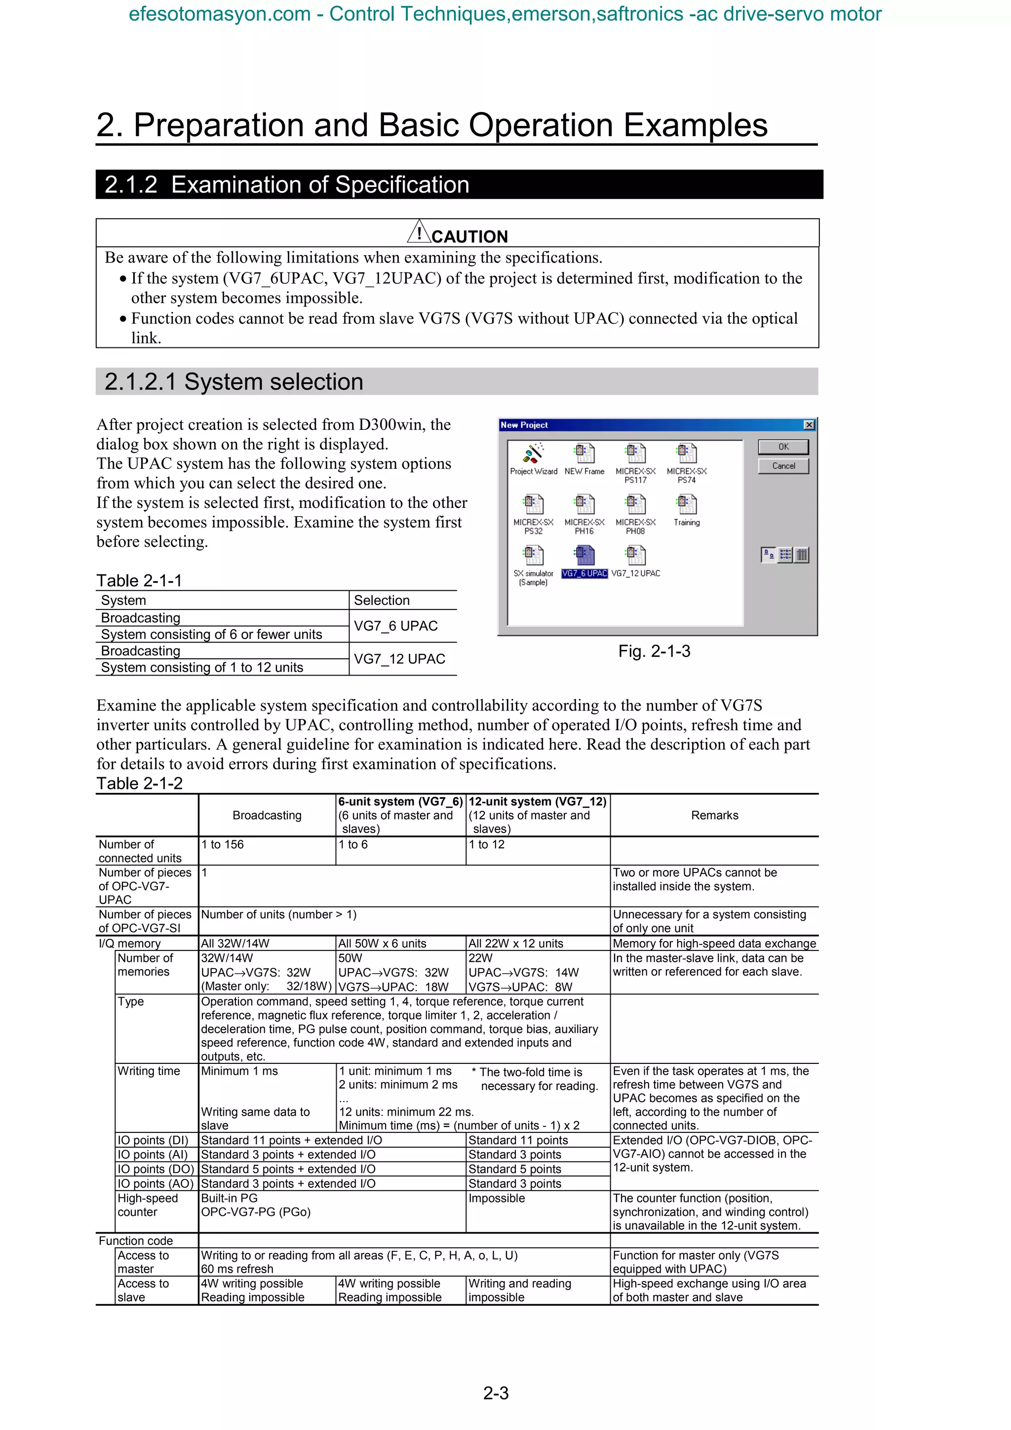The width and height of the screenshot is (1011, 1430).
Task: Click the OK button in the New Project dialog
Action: [x=783, y=447]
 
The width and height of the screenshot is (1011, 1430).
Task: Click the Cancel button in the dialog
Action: [x=783, y=466]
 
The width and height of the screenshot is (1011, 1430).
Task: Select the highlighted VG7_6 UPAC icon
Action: [x=584, y=556]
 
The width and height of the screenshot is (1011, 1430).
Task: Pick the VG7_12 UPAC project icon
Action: [x=635, y=556]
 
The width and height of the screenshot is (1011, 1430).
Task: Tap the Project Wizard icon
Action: [x=533, y=454]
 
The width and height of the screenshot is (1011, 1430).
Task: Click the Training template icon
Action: [x=687, y=505]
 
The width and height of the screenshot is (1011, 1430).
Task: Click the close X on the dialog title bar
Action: [x=809, y=425]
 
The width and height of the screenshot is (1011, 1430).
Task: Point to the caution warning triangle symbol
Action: [x=419, y=232]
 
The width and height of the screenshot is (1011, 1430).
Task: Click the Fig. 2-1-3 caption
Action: [x=654, y=651]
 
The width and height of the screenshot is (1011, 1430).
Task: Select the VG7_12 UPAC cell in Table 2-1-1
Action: [x=399, y=659]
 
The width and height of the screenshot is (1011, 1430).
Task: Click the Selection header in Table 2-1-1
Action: [x=382, y=601]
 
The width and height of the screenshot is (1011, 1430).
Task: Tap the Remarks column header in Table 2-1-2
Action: [x=714, y=815]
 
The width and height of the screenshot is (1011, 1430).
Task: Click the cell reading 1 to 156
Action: [x=222, y=845]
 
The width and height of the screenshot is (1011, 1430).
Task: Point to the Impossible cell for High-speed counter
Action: [x=497, y=1198]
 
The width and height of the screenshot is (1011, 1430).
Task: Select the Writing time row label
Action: [x=149, y=1071]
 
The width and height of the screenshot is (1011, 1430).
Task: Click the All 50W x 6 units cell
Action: [x=382, y=943]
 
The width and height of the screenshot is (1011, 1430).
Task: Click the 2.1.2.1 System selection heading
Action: [x=233, y=382]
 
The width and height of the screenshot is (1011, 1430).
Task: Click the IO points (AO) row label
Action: [x=156, y=1183]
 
